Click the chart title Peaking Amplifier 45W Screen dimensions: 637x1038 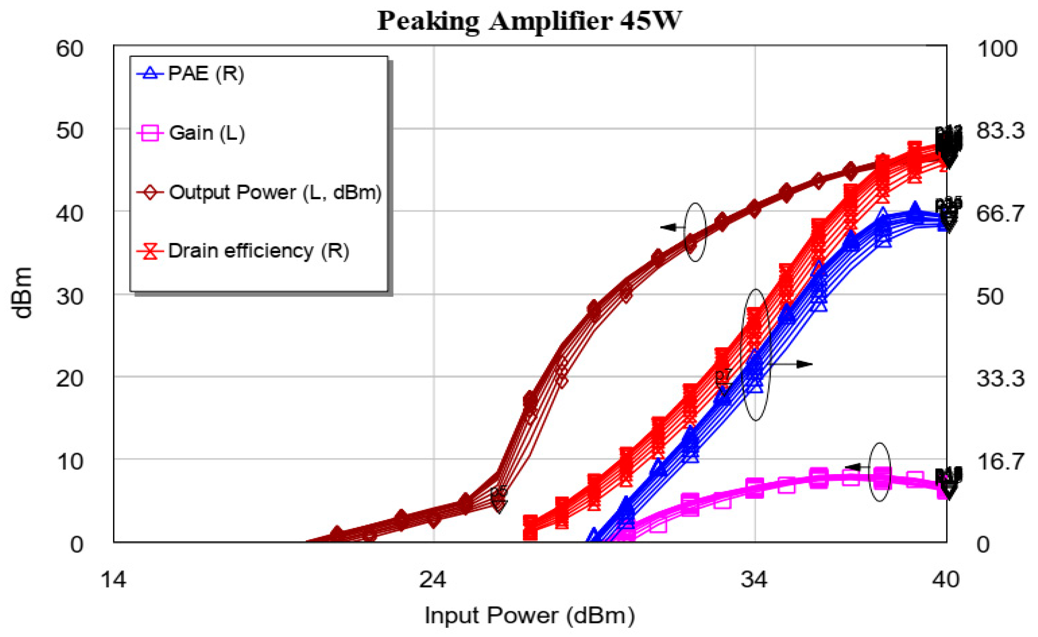point(529,21)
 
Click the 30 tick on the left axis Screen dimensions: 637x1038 point(69,297)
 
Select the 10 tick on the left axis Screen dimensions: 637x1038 point(69,462)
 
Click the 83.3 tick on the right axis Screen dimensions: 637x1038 point(1000,131)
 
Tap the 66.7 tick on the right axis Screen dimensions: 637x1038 point(1000,214)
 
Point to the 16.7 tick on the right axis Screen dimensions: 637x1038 point(1000,462)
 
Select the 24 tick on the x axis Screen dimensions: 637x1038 point(433,580)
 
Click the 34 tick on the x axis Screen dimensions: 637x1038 point(754,580)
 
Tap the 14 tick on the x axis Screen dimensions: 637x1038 point(113,580)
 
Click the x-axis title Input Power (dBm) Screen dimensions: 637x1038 point(529,616)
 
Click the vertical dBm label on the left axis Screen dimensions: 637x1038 point(22,293)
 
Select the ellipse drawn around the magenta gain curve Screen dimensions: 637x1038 point(880,472)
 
